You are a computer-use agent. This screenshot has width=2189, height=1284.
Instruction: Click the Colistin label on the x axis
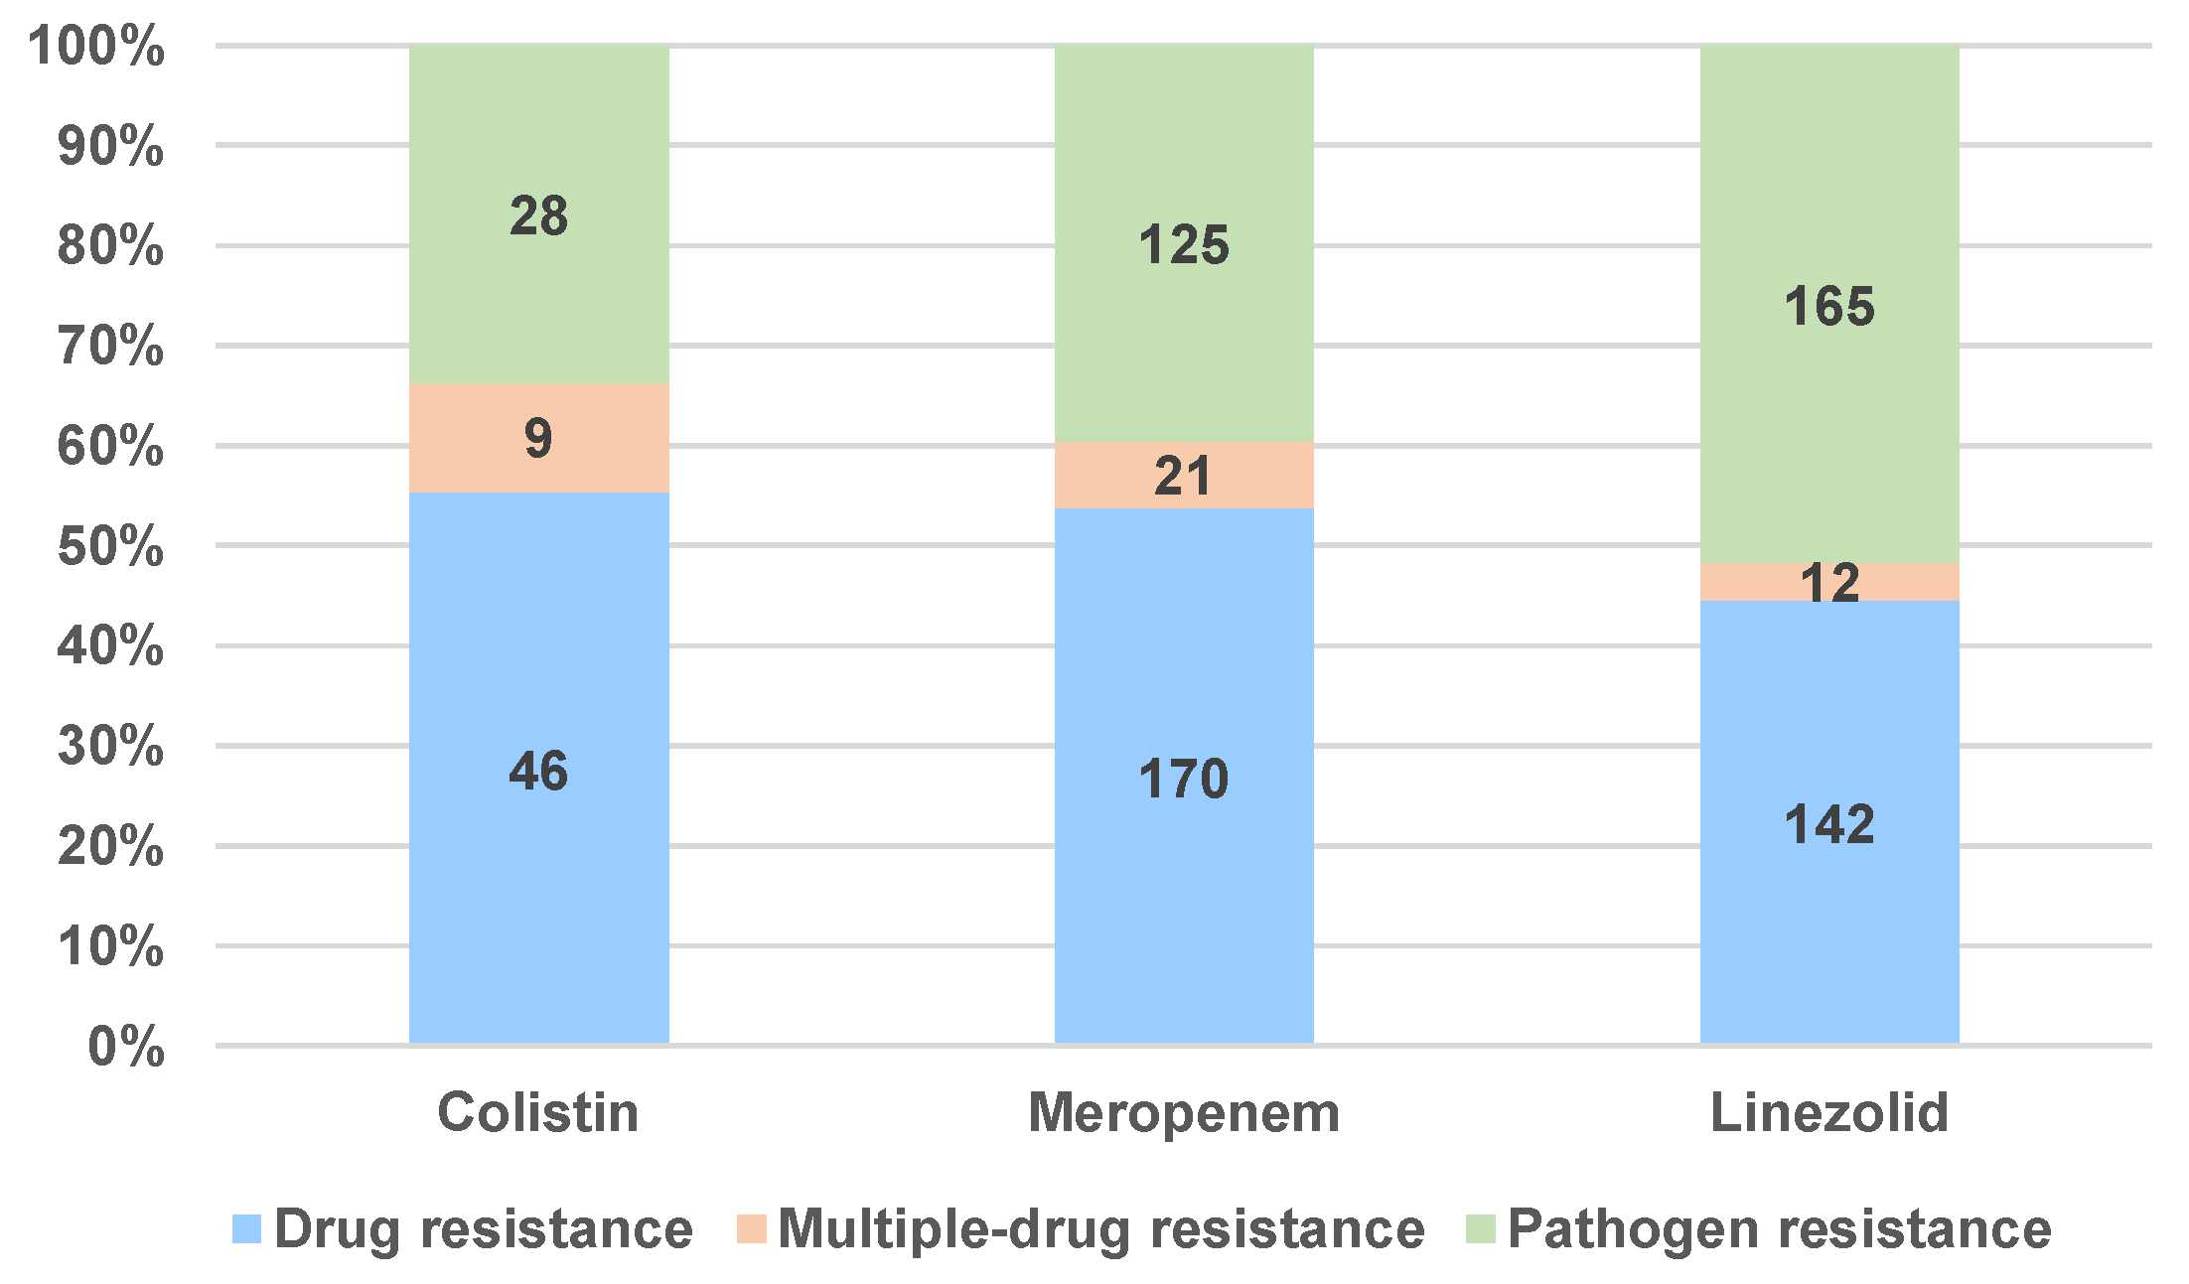pyautogui.click(x=538, y=1112)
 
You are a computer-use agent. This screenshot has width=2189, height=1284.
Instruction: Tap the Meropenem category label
pyautogui.click(x=1184, y=1112)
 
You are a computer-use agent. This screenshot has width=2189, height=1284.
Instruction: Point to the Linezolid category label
pyautogui.click(x=1829, y=1112)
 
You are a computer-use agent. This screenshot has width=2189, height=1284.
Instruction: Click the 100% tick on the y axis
pyautogui.click(x=96, y=46)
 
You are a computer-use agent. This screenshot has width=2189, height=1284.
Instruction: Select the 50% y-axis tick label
pyautogui.click(x=110, y=546)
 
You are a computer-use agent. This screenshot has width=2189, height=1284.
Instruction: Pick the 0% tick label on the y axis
pyautogui.click(x=126, y=1047)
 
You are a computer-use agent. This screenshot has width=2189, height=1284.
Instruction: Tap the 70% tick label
pyautogui.click(x=110, y=346)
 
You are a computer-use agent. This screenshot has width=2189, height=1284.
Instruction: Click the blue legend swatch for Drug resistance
pyautogui.click(x=246, y=1229)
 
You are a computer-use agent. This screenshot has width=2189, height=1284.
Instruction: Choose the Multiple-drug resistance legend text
pyautogui.click(x=1100, y=1229)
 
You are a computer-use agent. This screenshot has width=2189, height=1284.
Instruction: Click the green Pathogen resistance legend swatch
pyautogui.click(x=1481, y=1229)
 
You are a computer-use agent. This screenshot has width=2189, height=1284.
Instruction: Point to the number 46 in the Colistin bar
pyautogui.click(x=538, y=771)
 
